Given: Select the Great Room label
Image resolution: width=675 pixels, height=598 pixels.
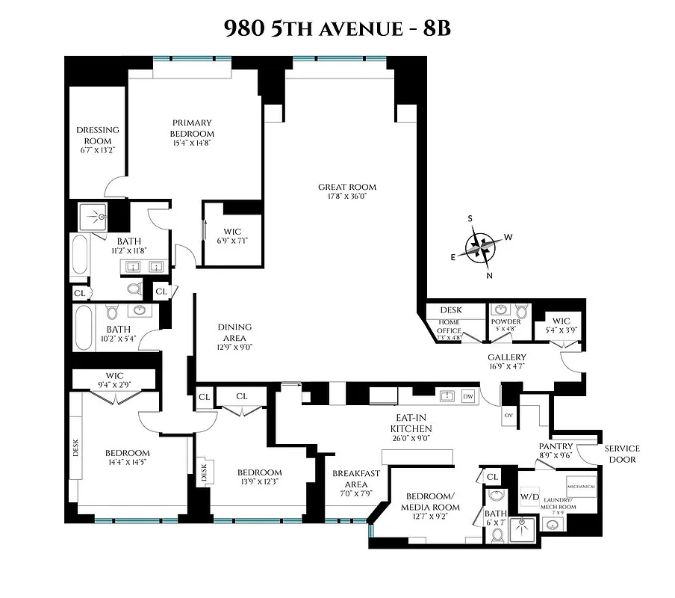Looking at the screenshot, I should [x=347, y=187].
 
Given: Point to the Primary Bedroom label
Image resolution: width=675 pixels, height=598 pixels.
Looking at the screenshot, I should [x=192, y=123].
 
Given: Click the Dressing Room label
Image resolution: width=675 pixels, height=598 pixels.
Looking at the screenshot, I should [x=97, y=135].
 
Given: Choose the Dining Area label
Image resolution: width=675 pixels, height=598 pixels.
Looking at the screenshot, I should [x=234, y=332].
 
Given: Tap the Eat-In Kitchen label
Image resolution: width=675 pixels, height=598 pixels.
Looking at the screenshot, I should [x=411, y=423].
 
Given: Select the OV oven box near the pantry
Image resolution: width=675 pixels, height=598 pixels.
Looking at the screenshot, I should [x=508, y=414].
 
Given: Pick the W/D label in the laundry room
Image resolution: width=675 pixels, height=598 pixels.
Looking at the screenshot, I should [x=530, y=496].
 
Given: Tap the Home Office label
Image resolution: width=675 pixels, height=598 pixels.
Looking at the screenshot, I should [x=450, y=326].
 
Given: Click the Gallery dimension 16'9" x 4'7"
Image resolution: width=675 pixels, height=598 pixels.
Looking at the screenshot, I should [x=507, y=367].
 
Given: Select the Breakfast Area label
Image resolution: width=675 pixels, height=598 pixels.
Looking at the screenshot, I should [x=357, y=478].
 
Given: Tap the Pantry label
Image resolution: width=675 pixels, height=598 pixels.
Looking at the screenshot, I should [x=556, y=446].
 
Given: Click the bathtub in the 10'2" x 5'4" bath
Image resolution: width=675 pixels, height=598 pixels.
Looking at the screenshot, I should [x=84, y=328].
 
